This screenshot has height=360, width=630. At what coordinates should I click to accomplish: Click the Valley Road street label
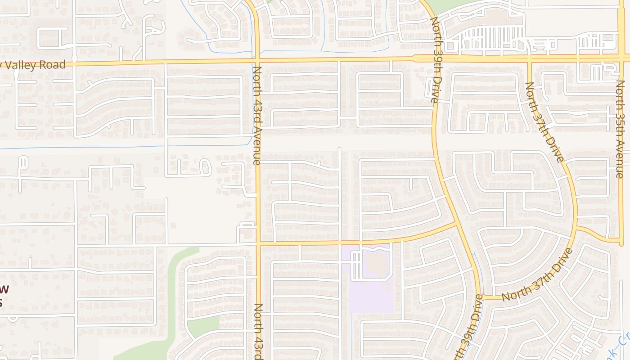34,65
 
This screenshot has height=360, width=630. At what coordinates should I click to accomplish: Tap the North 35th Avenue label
621,129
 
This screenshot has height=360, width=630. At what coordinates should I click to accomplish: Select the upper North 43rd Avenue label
257,115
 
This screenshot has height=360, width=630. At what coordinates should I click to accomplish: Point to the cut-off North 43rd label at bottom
259,332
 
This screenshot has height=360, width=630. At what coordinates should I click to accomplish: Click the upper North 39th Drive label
435,60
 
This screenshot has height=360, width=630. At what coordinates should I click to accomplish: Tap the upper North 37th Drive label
544,121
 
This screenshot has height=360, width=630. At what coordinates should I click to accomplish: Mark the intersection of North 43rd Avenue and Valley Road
257,60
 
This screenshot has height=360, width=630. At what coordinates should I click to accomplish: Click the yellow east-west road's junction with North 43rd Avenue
259,244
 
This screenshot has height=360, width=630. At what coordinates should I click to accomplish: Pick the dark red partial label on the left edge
4,295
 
